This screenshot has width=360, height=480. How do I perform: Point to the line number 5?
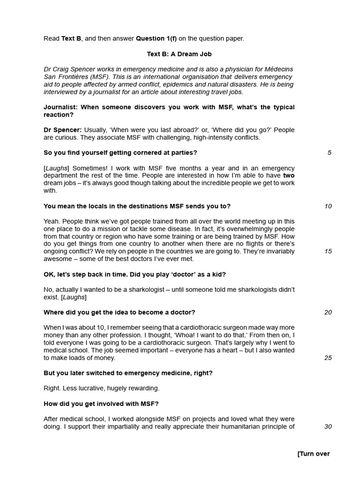(330, 152)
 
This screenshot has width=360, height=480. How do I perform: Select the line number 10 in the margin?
(328, 206)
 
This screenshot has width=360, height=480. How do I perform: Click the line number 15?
(328, 251)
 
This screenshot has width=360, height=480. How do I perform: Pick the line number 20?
(328, 312)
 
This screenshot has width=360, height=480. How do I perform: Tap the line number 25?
(328, 358)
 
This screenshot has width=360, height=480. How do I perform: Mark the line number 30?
(328, 427)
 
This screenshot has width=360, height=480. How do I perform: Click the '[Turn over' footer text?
(314, 454)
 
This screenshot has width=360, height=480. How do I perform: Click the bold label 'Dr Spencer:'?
(63, 130)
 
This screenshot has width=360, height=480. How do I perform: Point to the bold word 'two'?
(289, 176)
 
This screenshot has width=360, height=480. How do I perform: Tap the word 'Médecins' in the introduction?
(279, 69)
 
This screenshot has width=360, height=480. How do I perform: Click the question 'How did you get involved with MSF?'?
(101, 404)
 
